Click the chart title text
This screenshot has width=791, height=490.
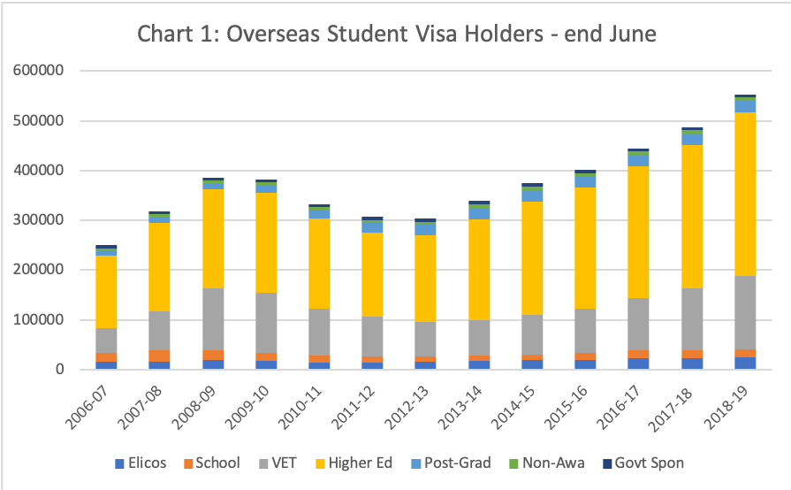[397, 35]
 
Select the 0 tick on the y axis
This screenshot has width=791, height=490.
[62, 370]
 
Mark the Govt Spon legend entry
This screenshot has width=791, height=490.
[635, 463]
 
